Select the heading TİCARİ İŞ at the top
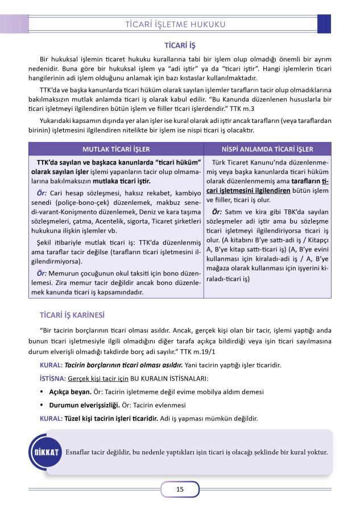pyautogui.click(x=180, y=44)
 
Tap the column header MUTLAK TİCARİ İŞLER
pyautogui.click(x=116, y=149)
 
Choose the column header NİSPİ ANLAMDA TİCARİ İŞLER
pyautogui.click(x=267, y=149)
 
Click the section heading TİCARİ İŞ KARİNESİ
pyautogui.click(x=72, y=315)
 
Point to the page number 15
pyautogui.click(x=180, y=489)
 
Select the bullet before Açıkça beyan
pyautogui.click(x=42, y=392)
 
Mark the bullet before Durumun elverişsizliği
pyautogui.click(x=42, y=406)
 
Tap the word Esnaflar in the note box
pyautogui.click(x=81, y=452)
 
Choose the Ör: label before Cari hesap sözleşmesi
pyautogui.click(x=38, y=193)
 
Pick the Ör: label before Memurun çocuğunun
pyautogui.click(x=38, y=273)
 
